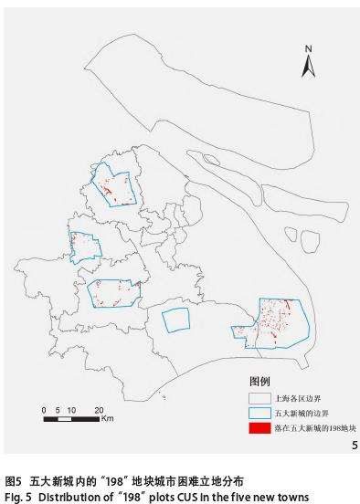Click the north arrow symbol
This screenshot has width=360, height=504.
309,65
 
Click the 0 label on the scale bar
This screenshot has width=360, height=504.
44,409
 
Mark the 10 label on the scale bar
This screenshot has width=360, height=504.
71,409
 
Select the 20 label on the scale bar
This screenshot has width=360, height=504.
99,409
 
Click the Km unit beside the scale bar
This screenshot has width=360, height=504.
107,419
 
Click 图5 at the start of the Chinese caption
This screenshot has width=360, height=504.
13,478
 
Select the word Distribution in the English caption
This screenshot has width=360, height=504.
65,493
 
